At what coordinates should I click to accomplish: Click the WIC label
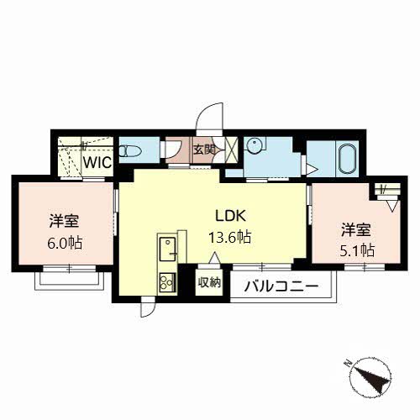(97, 162)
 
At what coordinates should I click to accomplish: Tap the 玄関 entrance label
(204, 150)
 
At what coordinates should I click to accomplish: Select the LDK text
(230, 216)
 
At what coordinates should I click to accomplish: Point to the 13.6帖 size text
(229, 238)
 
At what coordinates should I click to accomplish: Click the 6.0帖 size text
(65, 243)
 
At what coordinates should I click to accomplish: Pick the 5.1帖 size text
(357, 250)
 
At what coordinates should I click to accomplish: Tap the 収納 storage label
(209, 282)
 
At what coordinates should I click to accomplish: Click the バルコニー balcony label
(281, 286)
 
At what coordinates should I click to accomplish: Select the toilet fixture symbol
(129, 151)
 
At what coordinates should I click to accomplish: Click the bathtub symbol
(347, 159)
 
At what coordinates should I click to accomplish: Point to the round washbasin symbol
(255, 145)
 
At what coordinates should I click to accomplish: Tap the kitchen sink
(167, 249)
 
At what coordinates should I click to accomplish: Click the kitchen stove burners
(167, 282)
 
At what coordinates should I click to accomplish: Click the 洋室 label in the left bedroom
(65, 221)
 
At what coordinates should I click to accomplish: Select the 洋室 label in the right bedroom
(356, 229)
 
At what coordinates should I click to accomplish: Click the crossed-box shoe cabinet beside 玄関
(232, 150)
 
